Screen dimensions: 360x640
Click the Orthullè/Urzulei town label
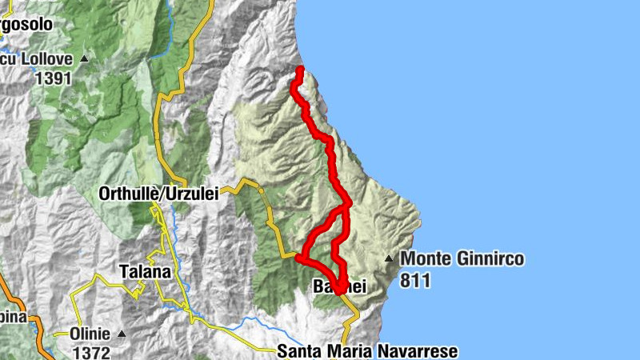tap(158, 194)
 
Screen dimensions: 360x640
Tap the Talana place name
tap(145, 271)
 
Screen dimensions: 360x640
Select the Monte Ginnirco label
tap(462, 258)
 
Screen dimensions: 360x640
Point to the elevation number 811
tap(416, 280)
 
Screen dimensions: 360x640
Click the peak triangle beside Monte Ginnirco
tap(389, 258)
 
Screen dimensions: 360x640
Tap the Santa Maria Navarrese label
tap(367, 350)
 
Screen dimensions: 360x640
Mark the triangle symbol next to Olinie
tap(122, 334)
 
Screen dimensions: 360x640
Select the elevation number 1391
tap(54, 78)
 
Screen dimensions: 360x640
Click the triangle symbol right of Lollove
tap(83, 58)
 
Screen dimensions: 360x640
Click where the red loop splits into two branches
tap(346, 206)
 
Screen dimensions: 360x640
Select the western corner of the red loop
tap(299, 258)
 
